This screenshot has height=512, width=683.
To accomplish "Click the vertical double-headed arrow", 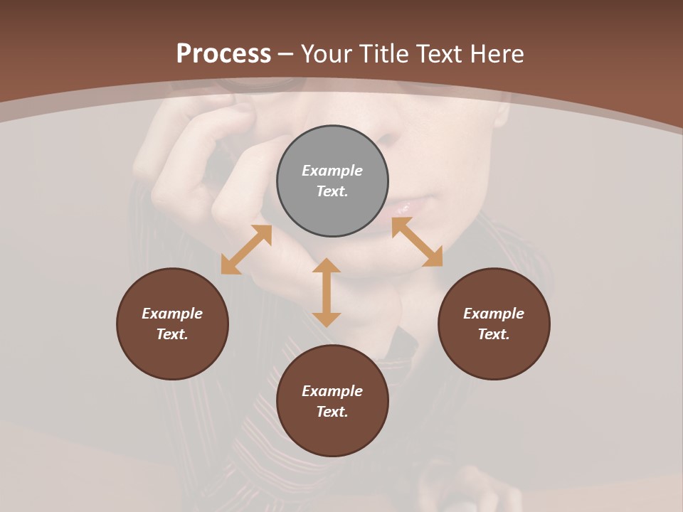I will pos(327,292).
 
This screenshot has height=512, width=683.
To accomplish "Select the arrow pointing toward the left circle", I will pos(246,250).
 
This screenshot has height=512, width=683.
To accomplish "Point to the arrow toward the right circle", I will pos(417,242).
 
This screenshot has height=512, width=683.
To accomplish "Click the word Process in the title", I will pos(223,54).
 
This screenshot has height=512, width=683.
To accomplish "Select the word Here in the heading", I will pos(498,54).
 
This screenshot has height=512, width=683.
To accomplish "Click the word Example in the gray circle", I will pos(332,171).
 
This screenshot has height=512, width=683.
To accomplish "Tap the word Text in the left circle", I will pos(171,334).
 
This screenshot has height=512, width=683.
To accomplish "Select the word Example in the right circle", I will pos(494,314).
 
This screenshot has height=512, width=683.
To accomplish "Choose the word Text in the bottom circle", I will pos(332,412).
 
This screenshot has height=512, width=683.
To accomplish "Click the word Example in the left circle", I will pos(172,314).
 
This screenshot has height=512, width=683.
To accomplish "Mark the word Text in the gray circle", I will pos(332,191).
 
